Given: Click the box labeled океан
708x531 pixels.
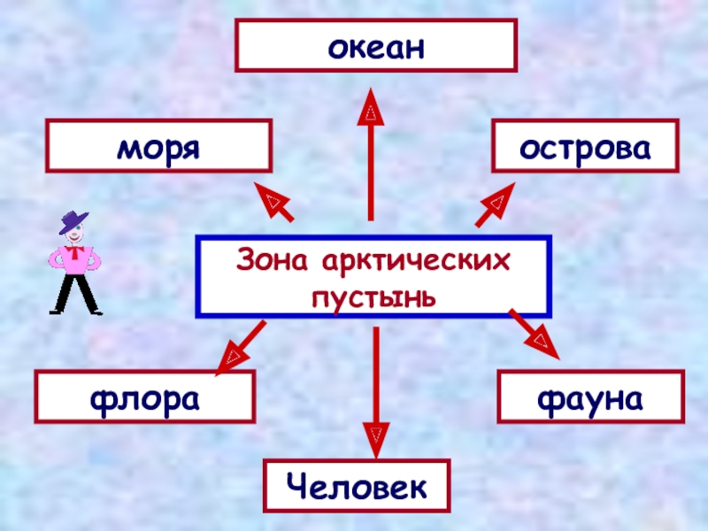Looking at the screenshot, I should pos(376,46).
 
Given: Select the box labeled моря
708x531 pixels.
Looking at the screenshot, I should pos(159,146).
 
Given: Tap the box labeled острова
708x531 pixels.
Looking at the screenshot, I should pos(585,146).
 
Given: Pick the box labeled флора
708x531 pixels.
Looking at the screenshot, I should pos(144,396).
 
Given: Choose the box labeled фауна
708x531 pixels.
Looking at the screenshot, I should pos(591,396).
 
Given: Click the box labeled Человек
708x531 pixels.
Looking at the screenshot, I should pos(358,486).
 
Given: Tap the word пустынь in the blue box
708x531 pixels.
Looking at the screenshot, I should pos(373,293).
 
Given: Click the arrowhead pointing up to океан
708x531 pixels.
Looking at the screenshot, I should pos(372,111).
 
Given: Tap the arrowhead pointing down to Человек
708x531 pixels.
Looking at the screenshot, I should pos(376,436).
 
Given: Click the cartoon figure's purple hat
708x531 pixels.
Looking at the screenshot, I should pos(74,221).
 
